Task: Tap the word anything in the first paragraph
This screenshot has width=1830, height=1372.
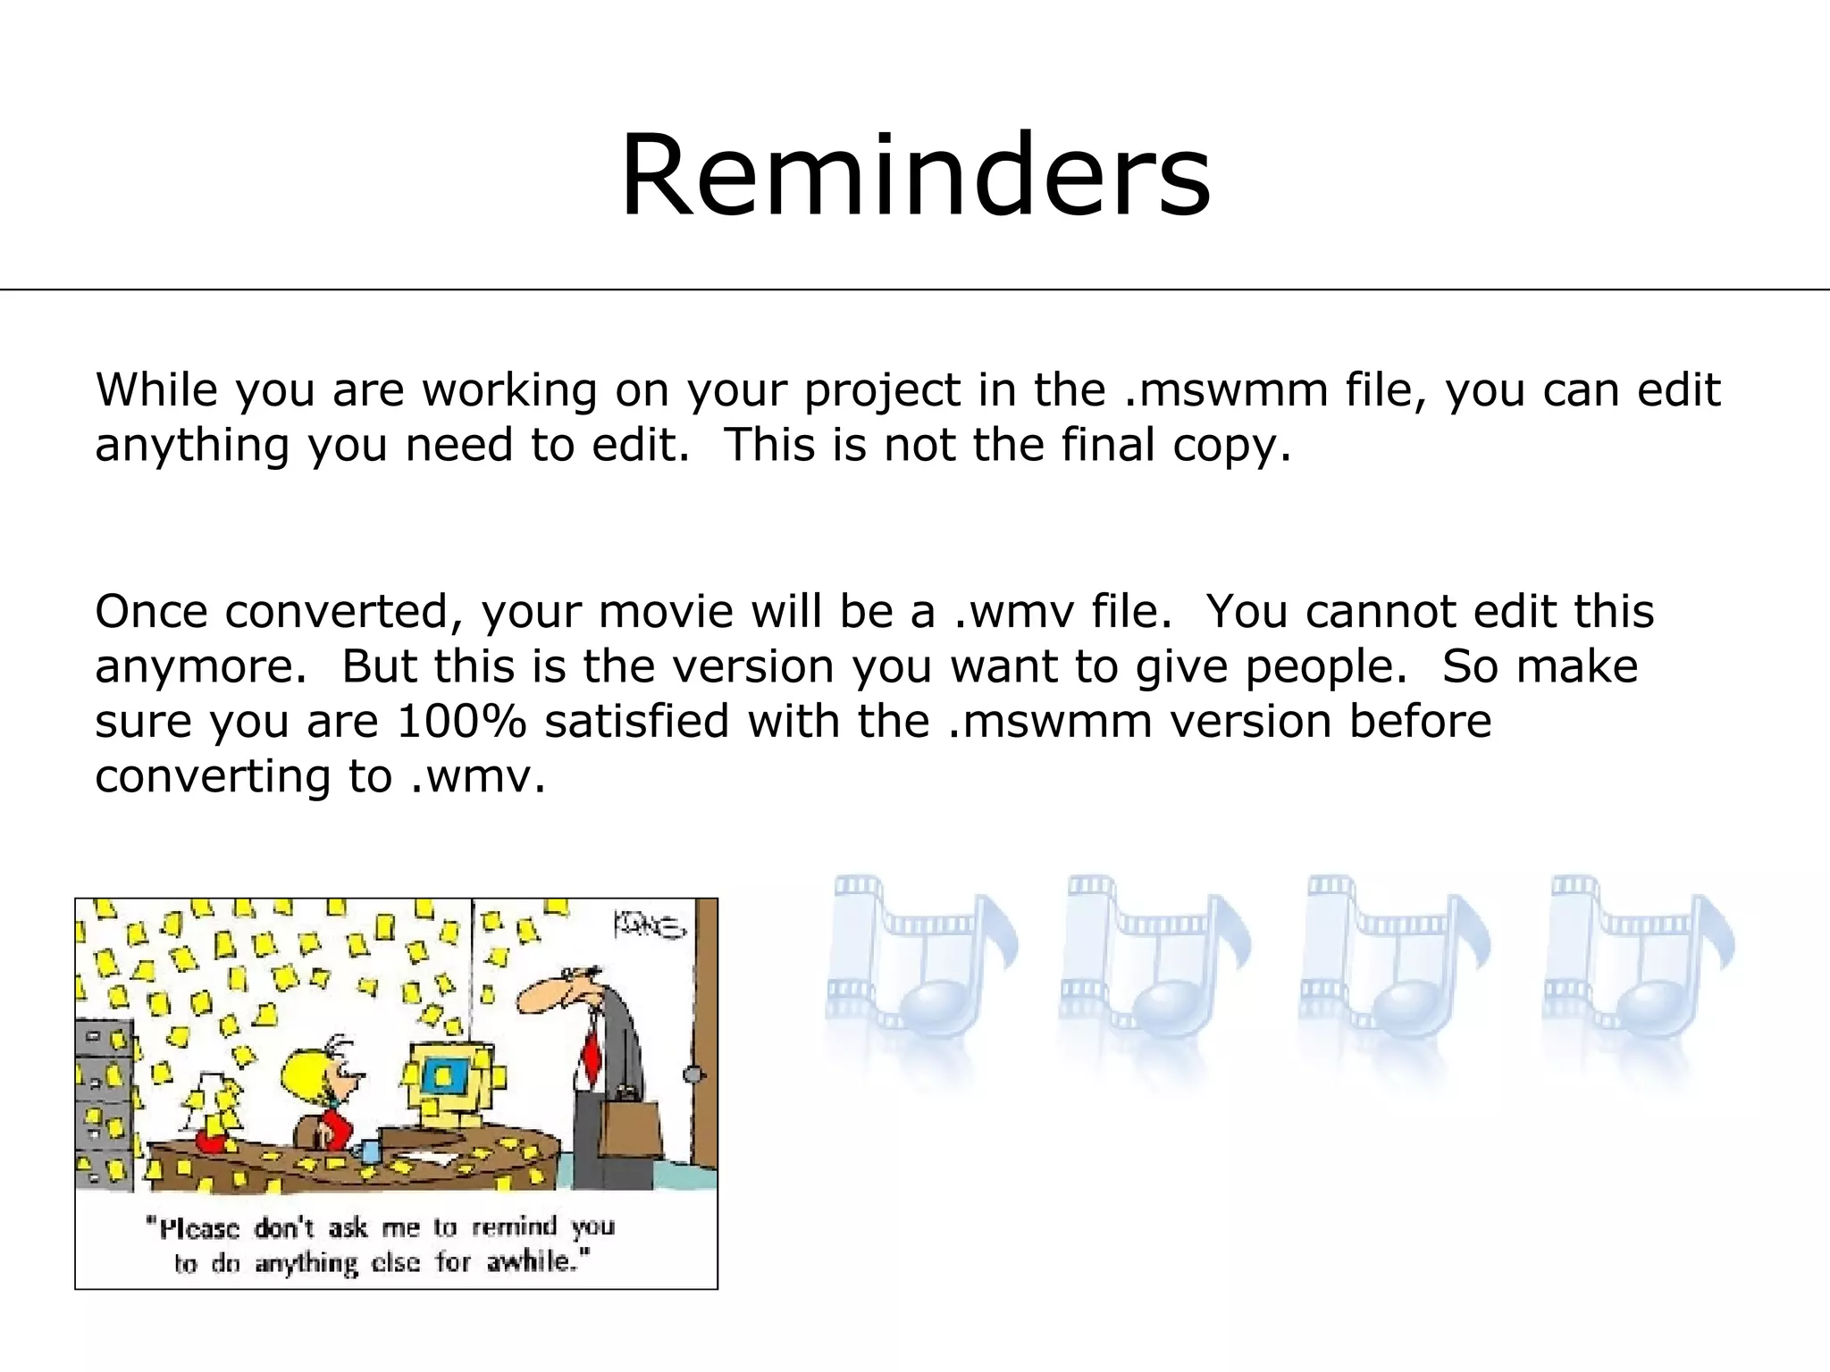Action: (192, 446)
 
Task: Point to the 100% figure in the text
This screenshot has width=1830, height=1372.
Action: (461, 721)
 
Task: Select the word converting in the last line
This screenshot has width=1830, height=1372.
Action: (213, 776)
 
